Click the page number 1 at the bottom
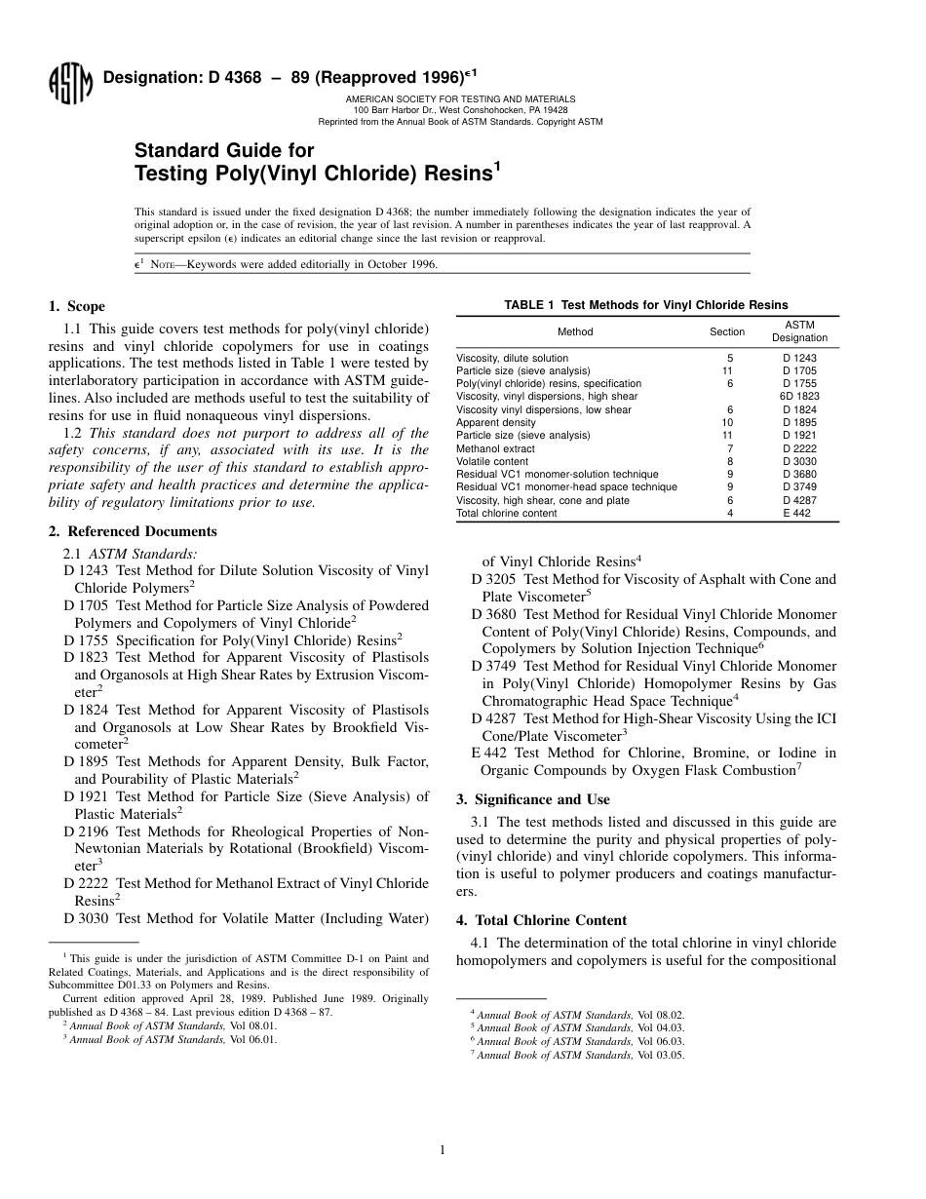pos(443,1150)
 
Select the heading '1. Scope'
pos(77,306)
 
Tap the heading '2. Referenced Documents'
pos(133,531)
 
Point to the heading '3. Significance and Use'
pos(533,799)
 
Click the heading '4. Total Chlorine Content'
pos(541,920)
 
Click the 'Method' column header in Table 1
pos(575,331)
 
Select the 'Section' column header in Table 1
pos(727,331)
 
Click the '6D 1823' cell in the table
pos(799,397)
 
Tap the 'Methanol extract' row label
pos(495,448)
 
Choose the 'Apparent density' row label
pos(496,423)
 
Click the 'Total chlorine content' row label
pos(507,513)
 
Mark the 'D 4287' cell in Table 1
pos(799,500)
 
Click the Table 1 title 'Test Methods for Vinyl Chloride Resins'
pos(647,305)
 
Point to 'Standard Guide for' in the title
pos(224,150)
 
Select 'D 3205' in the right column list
pos(494,579)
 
